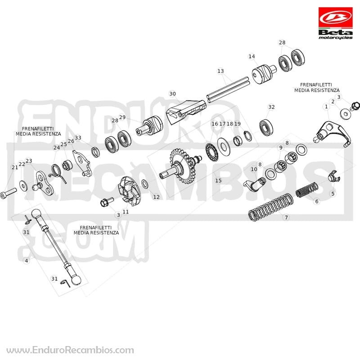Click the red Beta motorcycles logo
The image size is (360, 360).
click(x=335, y=23)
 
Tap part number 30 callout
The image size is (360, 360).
click(x=172, y=94)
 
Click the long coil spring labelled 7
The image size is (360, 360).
click(x=271, y=207)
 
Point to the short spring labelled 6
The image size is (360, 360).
click(x=307, y=190)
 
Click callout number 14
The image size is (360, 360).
click(x=252, y=56)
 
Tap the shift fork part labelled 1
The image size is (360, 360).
click(x=332, y=134)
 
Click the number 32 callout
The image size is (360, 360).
click(x=271, y=107)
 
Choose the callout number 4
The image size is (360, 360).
click(x=27, y=261)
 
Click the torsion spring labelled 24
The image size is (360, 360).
click(x=56, y=172)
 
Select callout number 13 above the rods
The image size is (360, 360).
click(x=220, y=71)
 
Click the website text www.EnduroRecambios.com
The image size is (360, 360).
click(x=70, y=351)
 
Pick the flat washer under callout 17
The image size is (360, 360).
click(x=224, y=147)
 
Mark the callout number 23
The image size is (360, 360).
click(x=29, y=161)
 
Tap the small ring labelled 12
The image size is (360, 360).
click(x=145, y=184)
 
